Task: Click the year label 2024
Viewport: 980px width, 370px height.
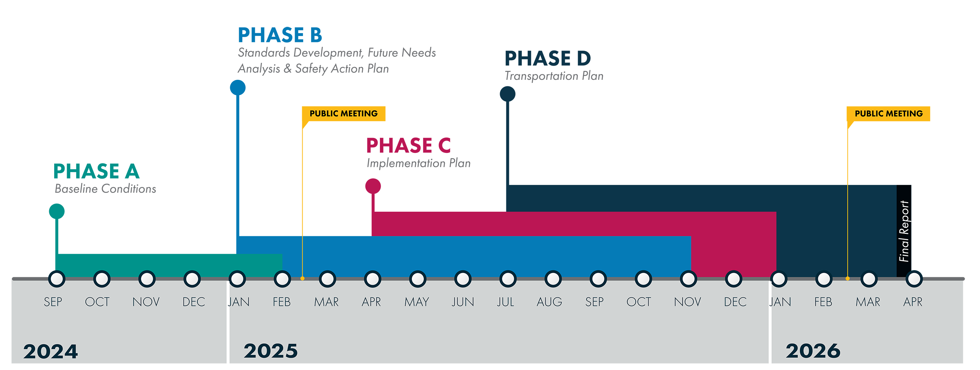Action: pyautogui.click(x=51, y=351)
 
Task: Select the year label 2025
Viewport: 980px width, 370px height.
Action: pyautogui.click(x=270, y=351)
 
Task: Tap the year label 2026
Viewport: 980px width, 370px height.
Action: pyautogui.click(x=813, y=351)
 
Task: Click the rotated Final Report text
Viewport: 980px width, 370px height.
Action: pyautogui.click(x=904, y=231)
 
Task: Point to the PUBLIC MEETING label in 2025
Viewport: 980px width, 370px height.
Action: pyautogui.click(x=344, y=113)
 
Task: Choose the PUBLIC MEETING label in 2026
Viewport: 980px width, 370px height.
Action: pyautogui.click(x=889, y=113)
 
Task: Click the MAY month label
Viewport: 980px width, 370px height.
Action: pyautogui.click(x=417, y=302)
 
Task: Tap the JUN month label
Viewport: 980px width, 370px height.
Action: pyautogui.click(x=463, y=302)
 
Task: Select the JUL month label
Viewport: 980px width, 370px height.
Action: pyautogui.click(x=506, y=302)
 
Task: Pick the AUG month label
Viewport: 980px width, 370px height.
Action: pyautogui.click(x=550, y=302)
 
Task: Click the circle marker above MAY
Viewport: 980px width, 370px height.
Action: pyautogui.click(x=418, y=279)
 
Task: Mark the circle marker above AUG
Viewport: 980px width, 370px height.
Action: pyautogui.click(x=553, y=279)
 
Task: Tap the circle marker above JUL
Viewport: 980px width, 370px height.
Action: pyautogui.click(x=508, y=279)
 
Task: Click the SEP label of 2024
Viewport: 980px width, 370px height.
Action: pyautogui.click(x=53, y=302)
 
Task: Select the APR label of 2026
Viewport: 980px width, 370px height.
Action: pyautogui.click(x=913, y=302)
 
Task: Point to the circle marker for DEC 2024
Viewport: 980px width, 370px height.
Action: pyautogui.click(x=192, y=279)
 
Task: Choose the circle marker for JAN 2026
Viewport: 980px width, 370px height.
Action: pyautogui.click(x=779, y=279)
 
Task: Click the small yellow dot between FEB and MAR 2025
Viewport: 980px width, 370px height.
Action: pyautogui.click(x=303, y=279)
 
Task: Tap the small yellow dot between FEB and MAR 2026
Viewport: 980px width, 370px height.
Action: pyautogui.click(x=847, y=279)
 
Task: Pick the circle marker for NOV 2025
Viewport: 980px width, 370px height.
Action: pyautogui.click(x=688, y=279)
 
